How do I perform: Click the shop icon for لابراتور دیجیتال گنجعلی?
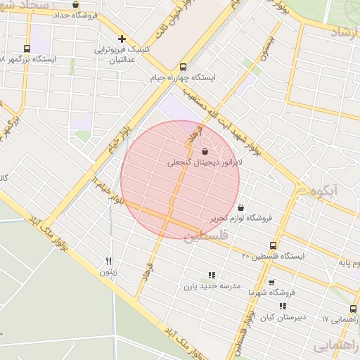[x=205, y=151]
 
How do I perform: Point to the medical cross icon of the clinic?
[x=122, y=39]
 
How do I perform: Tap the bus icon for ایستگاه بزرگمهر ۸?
[x=27, y=49]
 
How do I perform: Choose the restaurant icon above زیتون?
[x=108, y=260]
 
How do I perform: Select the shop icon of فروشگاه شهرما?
[x=271, y=281]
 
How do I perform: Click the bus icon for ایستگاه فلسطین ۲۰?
[x=273, y=245]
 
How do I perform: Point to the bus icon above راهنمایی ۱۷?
[x=353, y=309]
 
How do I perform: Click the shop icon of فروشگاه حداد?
[x=85, y=4]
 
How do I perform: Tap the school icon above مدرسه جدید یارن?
[x=212, y=275]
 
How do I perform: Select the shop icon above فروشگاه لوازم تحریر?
[x=241, y=208]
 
